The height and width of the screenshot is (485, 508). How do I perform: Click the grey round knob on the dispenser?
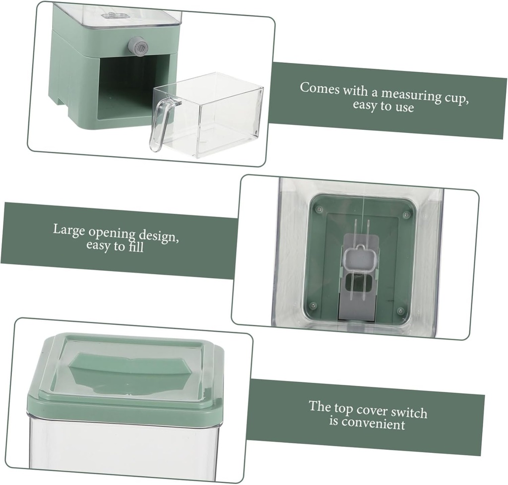pos(138,47)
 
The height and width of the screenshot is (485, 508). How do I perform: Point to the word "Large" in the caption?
pos(68,230)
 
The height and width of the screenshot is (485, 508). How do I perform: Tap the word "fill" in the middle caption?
pos(135,246)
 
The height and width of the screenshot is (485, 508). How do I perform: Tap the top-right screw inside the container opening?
pos(406,215)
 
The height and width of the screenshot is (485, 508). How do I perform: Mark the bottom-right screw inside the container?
pos(400,311)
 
